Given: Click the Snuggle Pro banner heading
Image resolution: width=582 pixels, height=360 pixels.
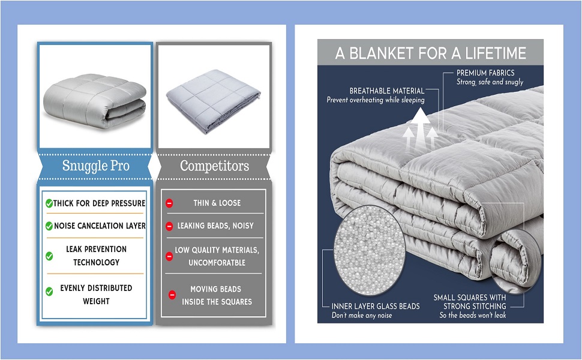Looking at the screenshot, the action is point(95,166).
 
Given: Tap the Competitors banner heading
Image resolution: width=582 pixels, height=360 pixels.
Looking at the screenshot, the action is point(214,166).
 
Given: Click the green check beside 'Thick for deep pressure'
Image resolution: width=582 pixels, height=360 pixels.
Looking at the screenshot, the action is point(49,203).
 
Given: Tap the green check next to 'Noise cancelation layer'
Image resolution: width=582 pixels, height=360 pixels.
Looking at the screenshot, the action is point(49,226).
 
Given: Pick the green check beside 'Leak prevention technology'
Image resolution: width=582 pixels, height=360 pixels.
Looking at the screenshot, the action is point(49,256).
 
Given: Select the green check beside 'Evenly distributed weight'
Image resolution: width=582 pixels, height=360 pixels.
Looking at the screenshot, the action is point(49,292).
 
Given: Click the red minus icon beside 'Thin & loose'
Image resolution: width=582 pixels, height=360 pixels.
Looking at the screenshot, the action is point(169,203).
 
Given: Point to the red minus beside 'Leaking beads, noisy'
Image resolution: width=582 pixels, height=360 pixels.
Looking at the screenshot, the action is point(169,226).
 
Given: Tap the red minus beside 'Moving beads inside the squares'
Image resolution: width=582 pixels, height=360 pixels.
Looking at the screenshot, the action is point(172,295).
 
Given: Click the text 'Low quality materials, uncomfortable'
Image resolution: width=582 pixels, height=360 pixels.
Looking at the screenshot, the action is point(217,256).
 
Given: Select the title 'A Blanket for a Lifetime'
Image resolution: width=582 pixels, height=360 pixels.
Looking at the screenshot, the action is point(430,53).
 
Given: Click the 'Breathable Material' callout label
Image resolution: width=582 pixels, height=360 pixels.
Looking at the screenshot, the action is point(387,91).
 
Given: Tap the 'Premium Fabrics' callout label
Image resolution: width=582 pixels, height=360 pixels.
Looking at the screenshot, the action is point(485,73).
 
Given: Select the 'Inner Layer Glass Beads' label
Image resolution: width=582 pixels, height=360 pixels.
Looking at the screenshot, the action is point(376,307).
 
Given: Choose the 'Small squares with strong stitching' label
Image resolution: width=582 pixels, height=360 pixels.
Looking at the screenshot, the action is point(470,302).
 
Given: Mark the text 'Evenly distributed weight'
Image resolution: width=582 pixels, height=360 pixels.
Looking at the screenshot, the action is point(96,295).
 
